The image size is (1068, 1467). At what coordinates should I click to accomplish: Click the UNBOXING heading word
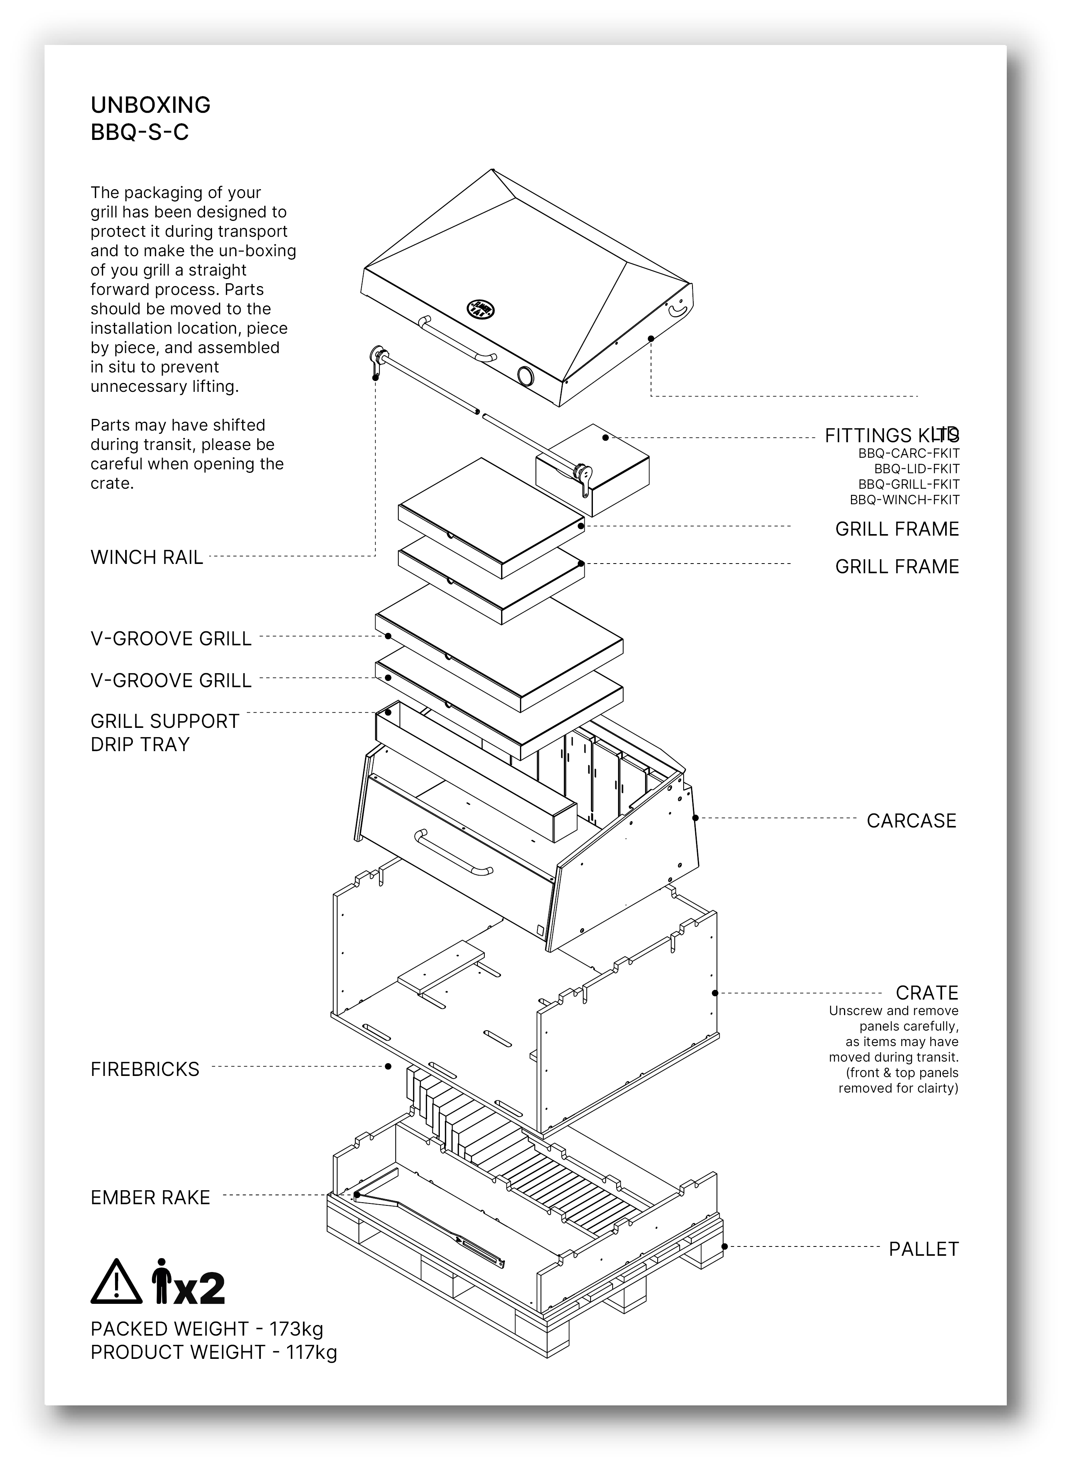tap(150, 105)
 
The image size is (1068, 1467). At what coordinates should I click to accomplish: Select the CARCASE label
tap(911, 821)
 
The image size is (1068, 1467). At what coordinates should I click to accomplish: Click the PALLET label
tap(923, 1249)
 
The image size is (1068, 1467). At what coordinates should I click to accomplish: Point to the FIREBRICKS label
tap(145, 1069)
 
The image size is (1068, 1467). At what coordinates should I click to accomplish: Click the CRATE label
tap(926, 993)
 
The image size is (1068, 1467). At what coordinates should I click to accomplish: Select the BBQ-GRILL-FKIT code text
tap(908, 484)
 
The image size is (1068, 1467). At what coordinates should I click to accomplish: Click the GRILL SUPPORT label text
tap(164, 721)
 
